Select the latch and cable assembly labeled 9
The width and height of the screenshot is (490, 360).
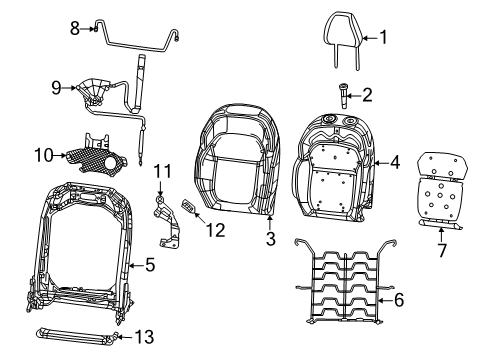click(x=100, y=95)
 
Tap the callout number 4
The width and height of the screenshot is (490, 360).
click(x=395, y=160)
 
